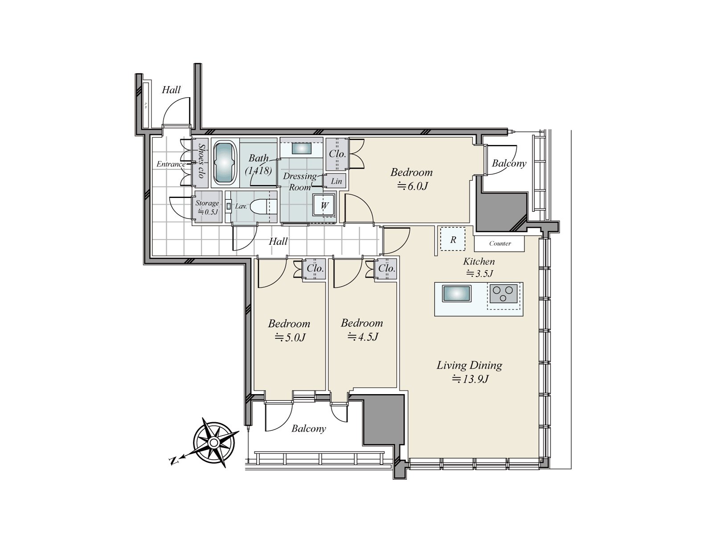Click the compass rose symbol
click(213, 442)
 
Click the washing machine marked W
click(324, 205)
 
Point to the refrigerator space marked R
click(452, 239)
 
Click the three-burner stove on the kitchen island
click(503, 294)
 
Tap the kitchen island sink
click(456, 294)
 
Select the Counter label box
click(499, 243)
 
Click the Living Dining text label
click(469, 365)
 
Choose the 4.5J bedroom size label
click(363, 337)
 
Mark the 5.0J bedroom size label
click(290, 337)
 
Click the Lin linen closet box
click(336, 181)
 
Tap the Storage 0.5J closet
click(207, 207)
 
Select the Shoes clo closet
click(200, 163)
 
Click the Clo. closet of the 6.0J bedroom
click(337, 154)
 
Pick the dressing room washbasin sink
click(302, 148)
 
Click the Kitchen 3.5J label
click(479, 267)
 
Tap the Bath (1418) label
click(258, 164)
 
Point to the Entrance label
click(171, 164)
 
